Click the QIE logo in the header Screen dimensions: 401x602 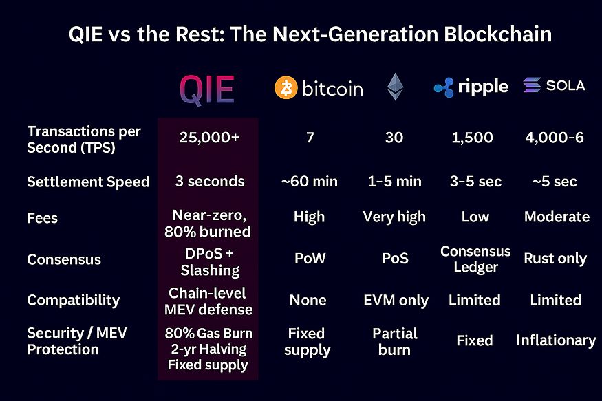point(207,89)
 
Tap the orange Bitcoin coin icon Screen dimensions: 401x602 point(286,88)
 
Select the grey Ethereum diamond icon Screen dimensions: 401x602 point(395,87)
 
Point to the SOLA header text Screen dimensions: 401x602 point(565,85)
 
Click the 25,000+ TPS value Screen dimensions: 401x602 point(209,138)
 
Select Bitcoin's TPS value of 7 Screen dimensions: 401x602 point(310,138)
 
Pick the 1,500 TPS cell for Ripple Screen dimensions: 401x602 point(473,138)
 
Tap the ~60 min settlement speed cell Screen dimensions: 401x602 point(310,182)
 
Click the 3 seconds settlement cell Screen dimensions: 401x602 point(209,182)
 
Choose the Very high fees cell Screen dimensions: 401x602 point(395,217)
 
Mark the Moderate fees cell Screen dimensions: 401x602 point(557,217)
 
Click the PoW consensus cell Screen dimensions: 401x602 point(310,259)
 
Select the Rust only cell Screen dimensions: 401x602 point(555,259)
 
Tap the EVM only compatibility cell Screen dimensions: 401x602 point(395,301)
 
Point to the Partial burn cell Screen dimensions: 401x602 point(395,341)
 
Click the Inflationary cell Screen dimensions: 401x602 point(556,340)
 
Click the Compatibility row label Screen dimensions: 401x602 point(73,301)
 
